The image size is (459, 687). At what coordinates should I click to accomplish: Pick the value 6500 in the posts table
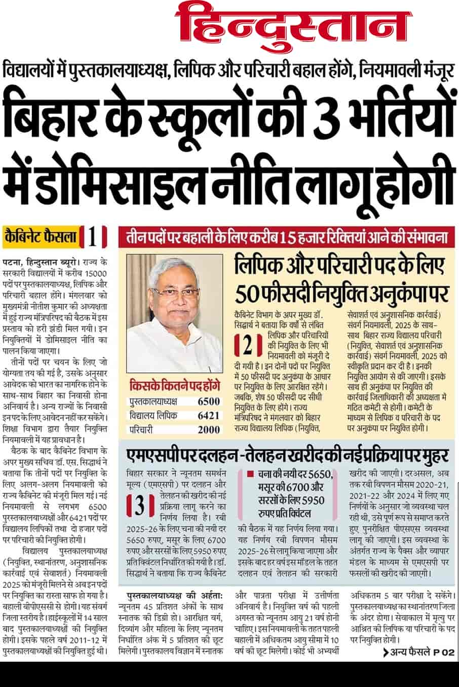208,402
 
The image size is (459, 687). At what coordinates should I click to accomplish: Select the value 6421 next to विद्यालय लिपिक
208,416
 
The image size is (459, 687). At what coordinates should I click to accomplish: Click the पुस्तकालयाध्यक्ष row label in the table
153,402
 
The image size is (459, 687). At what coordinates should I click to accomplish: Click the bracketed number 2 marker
248,346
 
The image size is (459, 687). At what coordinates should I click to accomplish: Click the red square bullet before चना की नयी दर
250,475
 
